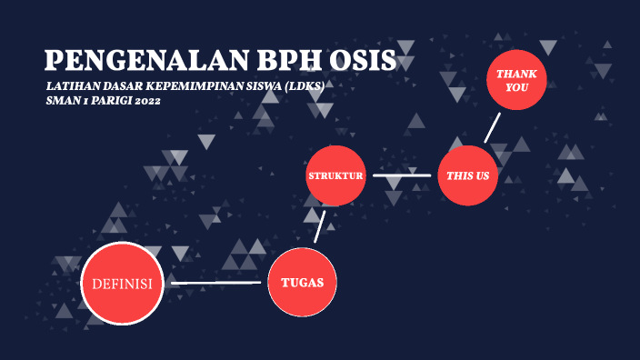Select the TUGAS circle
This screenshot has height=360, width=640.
pyautogui.click(x=303, y=282)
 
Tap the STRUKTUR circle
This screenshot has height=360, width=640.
pyautogui.click(x=335, y=175)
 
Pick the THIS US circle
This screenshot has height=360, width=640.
pyautogui.click(x=468, y=175)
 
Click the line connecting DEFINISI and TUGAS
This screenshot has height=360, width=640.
pyautogui.click(x=215, y=283)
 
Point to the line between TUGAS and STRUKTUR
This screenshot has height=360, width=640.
pyautogui.click(x=320, y=225)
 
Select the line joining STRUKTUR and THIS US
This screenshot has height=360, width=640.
pyautogui.click(x=402, y=175)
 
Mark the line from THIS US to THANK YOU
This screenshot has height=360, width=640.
pyautogui.click(x=492, y=127)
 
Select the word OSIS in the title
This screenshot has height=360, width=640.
pyautogui.click(x=365, y=61)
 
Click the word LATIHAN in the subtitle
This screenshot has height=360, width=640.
pyautogui.click(x=69, y=86)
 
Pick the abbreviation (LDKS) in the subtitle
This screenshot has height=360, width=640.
pyautogui.click(x=305, y=86)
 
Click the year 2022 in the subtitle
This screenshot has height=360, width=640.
pyautogui.click(x=145, y=101)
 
